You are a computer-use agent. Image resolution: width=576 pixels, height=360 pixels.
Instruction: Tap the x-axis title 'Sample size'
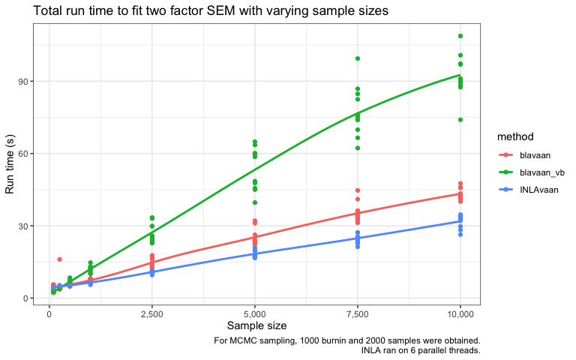coord(256,325)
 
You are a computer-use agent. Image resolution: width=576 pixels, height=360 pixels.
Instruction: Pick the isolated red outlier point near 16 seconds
coord(59,259)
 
